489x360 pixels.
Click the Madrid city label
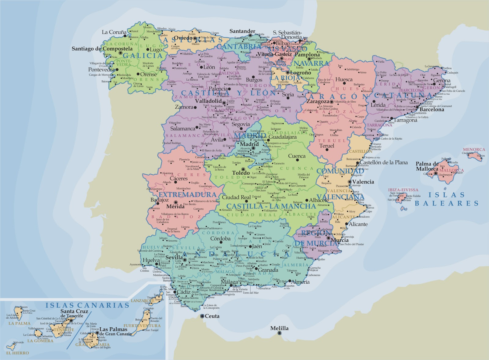coord(249,144)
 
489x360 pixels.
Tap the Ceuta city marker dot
coord(202,316)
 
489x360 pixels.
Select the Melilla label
coord(279,328)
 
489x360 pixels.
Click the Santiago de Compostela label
coord(102,49)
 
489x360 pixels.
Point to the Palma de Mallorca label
coord(427,166)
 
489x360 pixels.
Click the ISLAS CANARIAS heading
coord(87,305)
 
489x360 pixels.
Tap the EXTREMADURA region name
coord(187,195)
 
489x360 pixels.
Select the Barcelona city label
coord(432,109)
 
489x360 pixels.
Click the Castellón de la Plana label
coord(384,162)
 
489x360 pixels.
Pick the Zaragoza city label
coord(318,101)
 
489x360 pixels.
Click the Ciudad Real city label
coord(236,197)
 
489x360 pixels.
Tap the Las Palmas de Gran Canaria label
coord(113,331)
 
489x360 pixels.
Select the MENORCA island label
coord(474,150)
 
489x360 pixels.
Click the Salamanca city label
coord(182,129)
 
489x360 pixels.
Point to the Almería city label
coord(300,282)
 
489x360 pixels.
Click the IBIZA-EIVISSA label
coord(403,190)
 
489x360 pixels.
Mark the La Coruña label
coord(114,32)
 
